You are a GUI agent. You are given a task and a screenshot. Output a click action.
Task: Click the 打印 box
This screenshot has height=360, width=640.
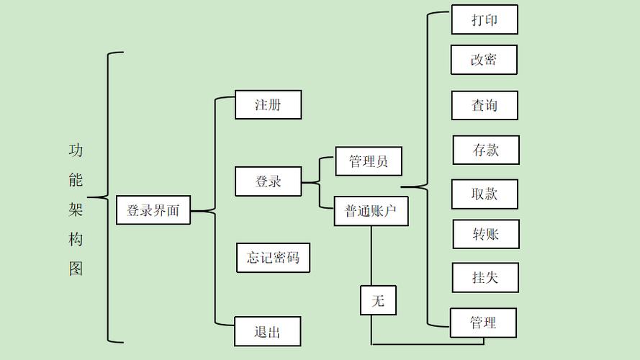(484, 19)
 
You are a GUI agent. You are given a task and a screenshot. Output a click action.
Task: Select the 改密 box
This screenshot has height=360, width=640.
(484, 60)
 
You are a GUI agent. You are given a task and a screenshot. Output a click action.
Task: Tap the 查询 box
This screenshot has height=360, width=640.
(484, 105)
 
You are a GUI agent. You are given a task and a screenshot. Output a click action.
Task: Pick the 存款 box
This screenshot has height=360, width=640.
(486, 150)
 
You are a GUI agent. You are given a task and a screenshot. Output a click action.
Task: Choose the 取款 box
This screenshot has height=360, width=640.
(484, 194)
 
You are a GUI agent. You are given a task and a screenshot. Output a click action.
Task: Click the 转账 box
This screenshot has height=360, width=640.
(486, 234)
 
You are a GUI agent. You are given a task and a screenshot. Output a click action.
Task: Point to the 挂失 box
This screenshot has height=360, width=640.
(485, 277)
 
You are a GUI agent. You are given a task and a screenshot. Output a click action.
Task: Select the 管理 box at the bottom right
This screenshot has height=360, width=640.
(483, 323)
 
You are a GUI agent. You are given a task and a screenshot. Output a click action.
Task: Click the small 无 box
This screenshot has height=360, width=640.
(378, 300)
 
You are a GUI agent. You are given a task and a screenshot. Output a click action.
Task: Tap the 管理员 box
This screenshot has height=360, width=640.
(369, 161)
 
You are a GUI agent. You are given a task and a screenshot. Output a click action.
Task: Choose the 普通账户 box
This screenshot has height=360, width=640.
(371, 211)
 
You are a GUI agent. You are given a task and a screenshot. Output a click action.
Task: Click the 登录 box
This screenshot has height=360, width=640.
(268, 181)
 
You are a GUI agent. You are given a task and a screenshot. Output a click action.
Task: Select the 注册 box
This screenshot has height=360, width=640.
(268, 104)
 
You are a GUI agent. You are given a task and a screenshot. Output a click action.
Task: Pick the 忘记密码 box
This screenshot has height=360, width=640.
(273, 257)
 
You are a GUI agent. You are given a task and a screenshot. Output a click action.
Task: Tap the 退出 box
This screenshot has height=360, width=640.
(267, 331)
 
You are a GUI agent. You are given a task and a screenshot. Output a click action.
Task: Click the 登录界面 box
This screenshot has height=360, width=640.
(153, 211)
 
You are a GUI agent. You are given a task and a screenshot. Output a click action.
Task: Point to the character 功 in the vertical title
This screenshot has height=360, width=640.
(76, 150)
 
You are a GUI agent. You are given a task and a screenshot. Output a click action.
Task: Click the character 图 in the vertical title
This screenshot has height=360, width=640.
(76, 269)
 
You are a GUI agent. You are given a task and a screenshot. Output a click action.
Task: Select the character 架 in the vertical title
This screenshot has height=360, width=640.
(76, 210)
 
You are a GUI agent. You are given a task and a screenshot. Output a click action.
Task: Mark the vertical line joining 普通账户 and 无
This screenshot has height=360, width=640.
(371, 256)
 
